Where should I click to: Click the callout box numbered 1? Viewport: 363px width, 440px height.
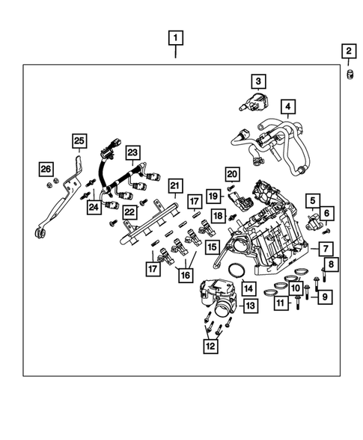pyautogui.click(x=176, y=37)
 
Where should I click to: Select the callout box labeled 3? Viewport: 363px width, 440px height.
pyautogui.click(x=258, y=81)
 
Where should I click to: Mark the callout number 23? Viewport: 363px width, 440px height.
pyautogui.click(x=132, y=154)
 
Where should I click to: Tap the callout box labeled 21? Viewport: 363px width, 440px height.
pyautogui.click(x=174, y=185)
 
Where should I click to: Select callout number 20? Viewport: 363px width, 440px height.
pyautogui.click(x=232, y=175)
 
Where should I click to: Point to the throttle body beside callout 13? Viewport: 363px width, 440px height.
pyautogui.click(x=219, y=299)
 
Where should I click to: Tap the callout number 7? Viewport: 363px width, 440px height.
pyautogui.click(x=326, y=248)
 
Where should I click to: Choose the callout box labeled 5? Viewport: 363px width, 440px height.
pyautogui.click(x=312, y=201)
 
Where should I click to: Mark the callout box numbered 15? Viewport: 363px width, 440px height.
pyautogui.click(x=213, y=247)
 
